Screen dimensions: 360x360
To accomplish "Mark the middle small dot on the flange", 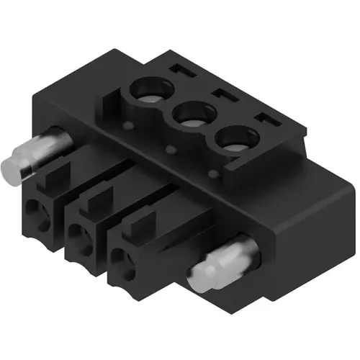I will [171, 150].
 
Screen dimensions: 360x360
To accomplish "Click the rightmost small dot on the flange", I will [212, 174].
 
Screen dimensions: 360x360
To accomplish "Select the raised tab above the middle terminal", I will [98, 198].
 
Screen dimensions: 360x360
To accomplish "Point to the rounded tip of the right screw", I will [199, 276].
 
